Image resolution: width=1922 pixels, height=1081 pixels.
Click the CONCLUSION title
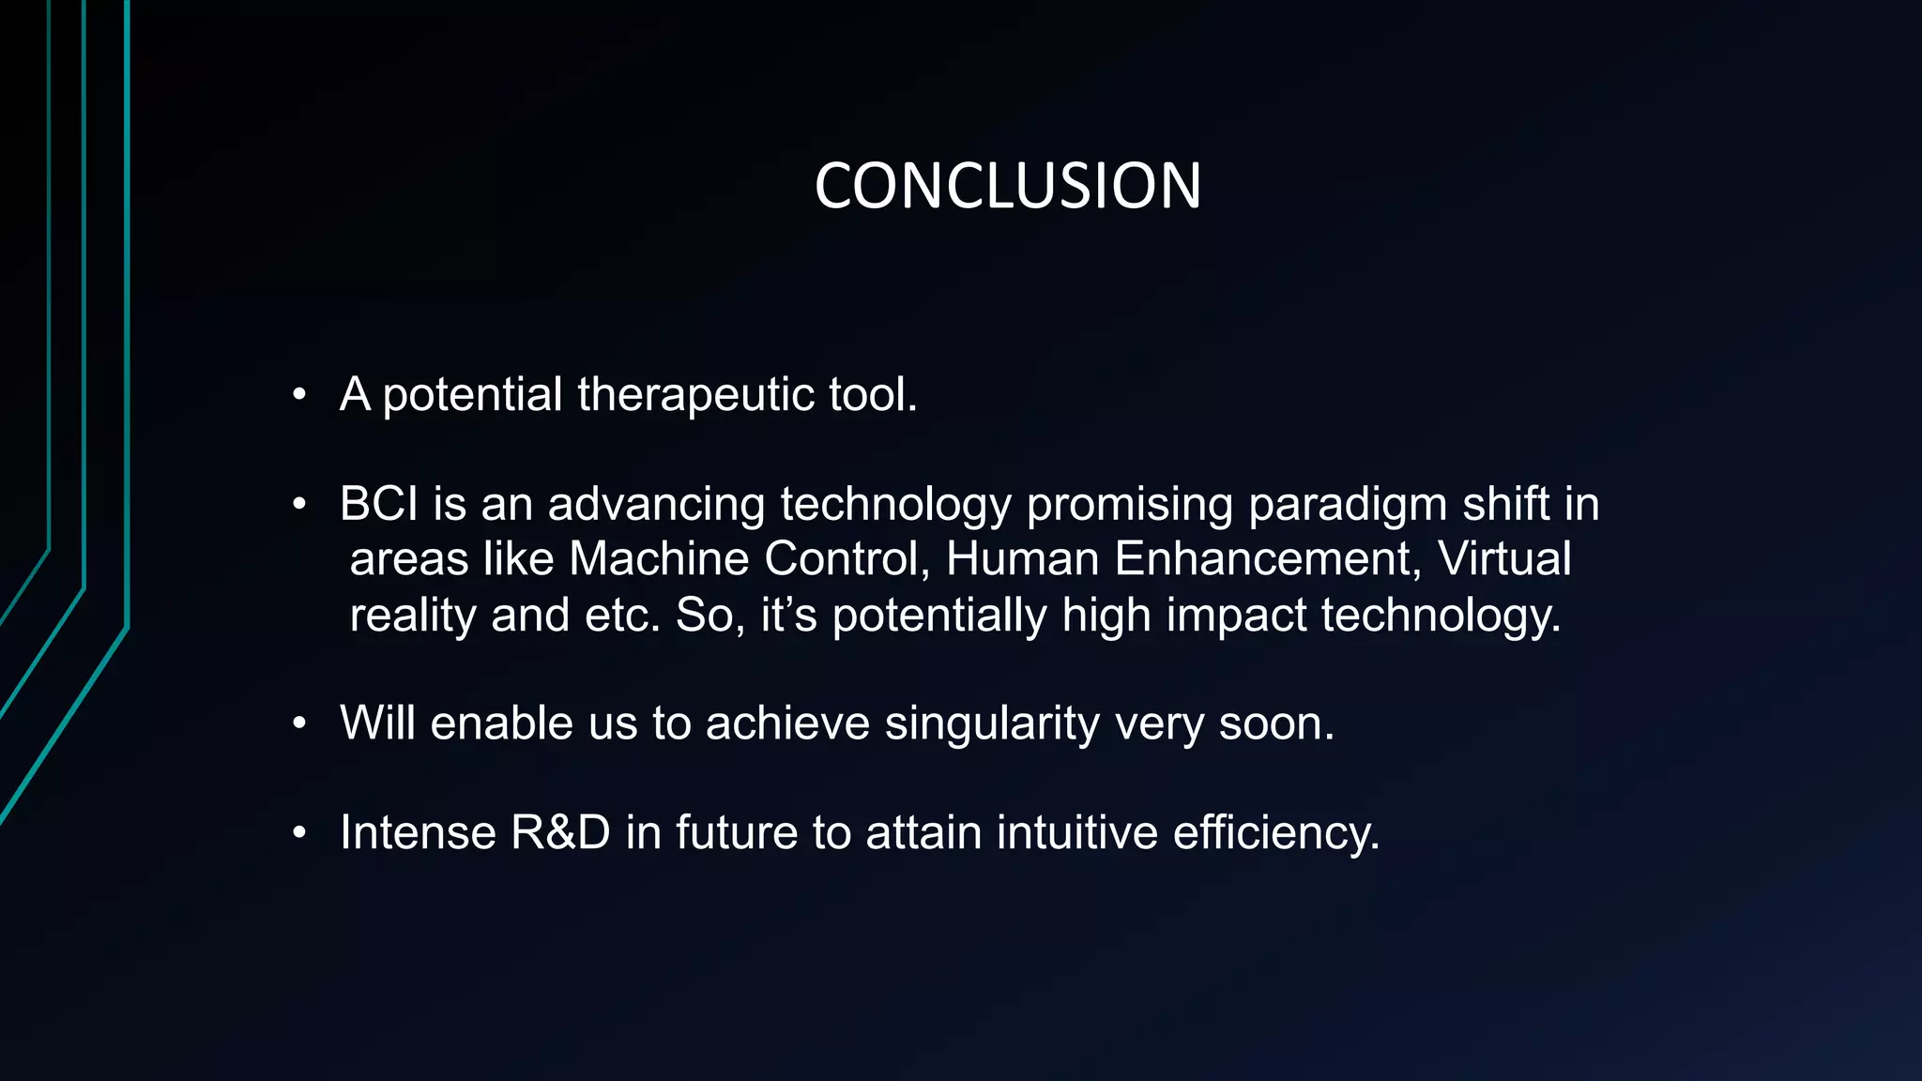pyautogui.click(x=1007, y=186)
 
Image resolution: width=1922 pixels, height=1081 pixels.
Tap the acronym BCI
pyautogui.click(x=378, y=504)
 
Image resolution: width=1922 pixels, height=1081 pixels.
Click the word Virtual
pyautogui.click(x=1503, y=559)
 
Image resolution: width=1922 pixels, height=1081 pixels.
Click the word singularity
pyautogui.click(x=992, y=724)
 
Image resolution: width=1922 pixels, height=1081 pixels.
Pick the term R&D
pyautogui.click(x=560, y=832)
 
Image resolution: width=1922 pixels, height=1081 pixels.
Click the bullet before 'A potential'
pyautogui.click(x=299, y=395)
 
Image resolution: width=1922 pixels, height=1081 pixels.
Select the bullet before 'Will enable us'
pyautogui.click(x=299, y=723)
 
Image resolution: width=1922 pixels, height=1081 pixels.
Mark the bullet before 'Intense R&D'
pyautogui.click(x=299, y=832)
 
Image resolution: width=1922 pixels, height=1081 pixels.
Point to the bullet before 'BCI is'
pyautogui.click(x=299, y=505)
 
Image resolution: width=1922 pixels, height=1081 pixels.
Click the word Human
pyautogui.click(x=1022, y=559)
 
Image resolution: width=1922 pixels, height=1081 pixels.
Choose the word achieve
pyautogui.click(x=787, y=724)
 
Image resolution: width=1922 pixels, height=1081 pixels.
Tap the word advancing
pyautogui.click(x=657, y=505)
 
